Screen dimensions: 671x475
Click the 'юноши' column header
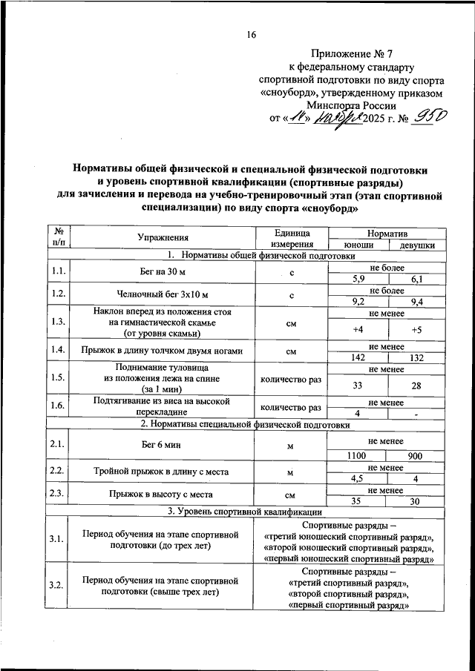(358, 245)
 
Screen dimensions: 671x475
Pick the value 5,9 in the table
(358, 279)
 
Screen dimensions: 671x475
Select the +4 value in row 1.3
(358, 328)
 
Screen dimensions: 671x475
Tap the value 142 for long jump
(358, 357)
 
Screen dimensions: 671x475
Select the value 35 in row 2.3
(358, 500)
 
